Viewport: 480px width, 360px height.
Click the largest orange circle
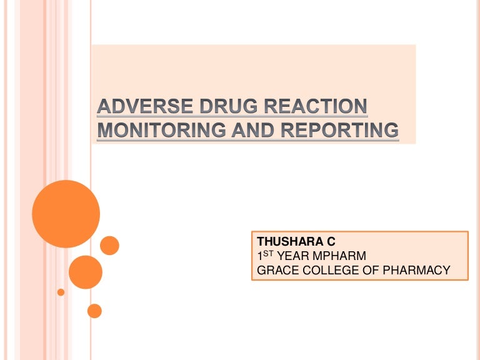[x=66, y=214]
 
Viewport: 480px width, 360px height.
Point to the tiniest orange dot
[x=61, y=292]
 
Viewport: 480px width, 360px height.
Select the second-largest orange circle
[x=85, y=272]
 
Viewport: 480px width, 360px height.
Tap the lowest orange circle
[x=94, y=311]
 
